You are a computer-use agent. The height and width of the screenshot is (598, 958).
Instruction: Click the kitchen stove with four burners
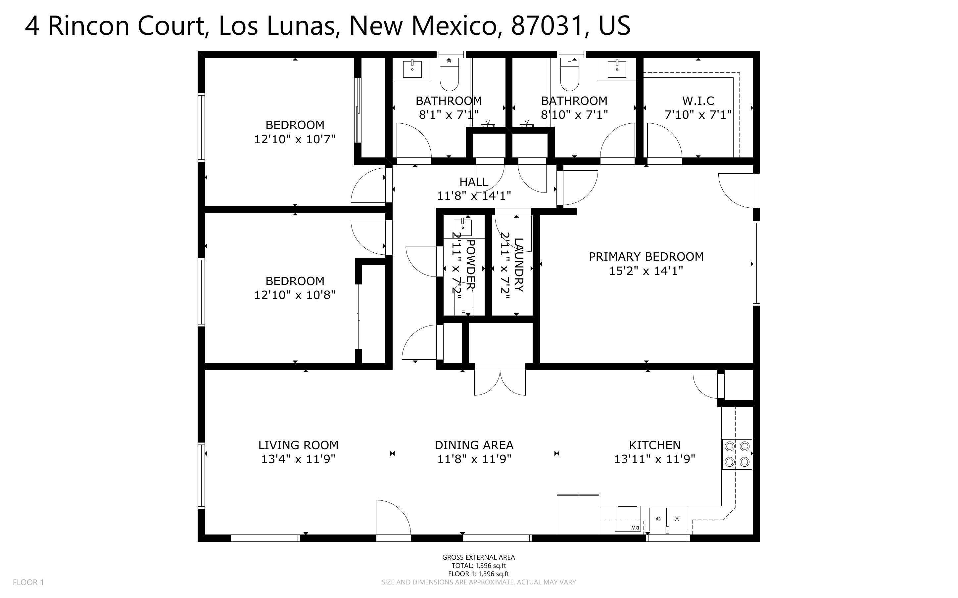click(x=737, y=454)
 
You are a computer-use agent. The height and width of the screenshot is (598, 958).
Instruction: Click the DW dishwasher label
click(x=635, y=528)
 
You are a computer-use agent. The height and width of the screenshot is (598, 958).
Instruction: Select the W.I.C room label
click(x=698, y=101)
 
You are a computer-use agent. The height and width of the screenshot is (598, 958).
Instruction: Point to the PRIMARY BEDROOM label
click(x=646, y=257)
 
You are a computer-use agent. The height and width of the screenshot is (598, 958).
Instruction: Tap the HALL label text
click(x=474, y=182)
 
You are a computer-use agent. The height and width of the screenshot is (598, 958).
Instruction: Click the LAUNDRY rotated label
click(x=518, y=265)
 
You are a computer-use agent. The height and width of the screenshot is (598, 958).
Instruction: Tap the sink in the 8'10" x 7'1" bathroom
click(x=616, y=69)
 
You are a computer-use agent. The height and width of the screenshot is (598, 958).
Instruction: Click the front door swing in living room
click(x=393, y=518)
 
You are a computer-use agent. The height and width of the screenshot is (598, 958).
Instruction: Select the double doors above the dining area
click(x=500, y=382)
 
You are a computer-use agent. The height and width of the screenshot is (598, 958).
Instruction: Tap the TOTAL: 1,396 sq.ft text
click(x=478, y=566)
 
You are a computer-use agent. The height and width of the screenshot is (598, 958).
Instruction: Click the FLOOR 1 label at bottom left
click(x=28, y=582)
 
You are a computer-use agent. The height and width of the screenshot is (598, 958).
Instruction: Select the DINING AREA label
click(x=474, y=445)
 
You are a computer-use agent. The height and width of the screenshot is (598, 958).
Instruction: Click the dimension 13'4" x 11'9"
click(x=298, y=459)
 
